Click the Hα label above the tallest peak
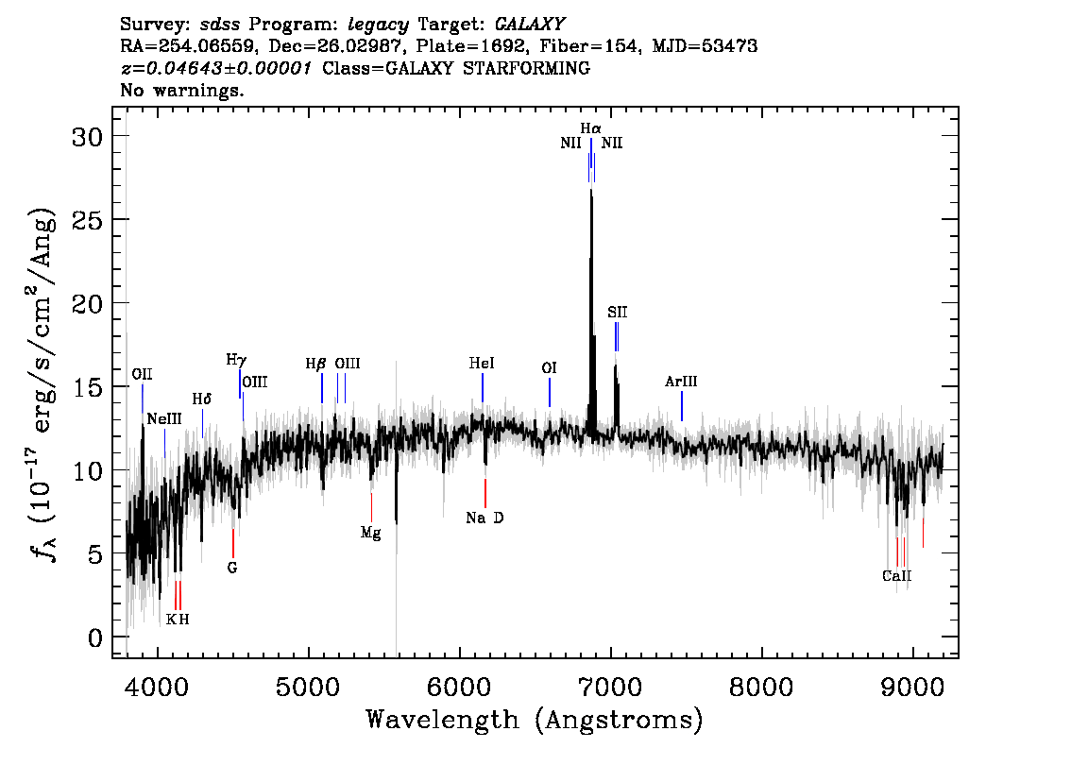click(591, 128)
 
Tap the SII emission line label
click(618, 313)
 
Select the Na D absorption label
click(484, 518)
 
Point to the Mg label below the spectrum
click(371, 533)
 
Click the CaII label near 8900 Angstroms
click(897, 576)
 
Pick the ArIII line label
click(681, 382)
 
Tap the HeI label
click(482, 364)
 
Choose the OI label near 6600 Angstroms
click(549, 368)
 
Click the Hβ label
click(315, 364)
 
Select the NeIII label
click(164, 418)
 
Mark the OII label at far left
click(142, 374)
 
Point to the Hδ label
click(201, 399)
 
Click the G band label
click(232, 568)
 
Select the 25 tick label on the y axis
click(88, 220)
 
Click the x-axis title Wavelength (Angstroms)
click(535, 721)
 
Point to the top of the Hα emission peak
click(591, 190)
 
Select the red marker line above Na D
click(484, 493)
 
